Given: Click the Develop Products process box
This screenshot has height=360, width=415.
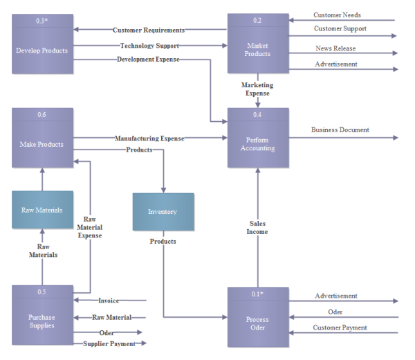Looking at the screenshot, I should (x=42, y=44).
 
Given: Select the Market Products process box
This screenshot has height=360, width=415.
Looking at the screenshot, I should (x=257, y=44).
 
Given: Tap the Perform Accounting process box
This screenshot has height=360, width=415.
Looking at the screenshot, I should (x=257, y=138).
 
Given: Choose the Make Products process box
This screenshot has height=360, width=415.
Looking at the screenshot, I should (x=42, y=138).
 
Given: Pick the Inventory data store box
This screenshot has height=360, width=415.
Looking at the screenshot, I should (x=163, y=212).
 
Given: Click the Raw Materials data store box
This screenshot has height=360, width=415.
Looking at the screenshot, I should (x=42, y=210).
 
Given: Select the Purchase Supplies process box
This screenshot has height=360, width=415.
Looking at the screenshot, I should (x=42, y=316).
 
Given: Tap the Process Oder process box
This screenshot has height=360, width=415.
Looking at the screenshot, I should (x=257, y=318).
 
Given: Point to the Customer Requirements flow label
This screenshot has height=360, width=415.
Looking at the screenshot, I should (x=149, y=30).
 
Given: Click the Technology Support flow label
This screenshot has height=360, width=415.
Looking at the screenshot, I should (x=149, y=46).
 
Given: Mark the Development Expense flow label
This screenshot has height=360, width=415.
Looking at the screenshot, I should (x=148, y=60).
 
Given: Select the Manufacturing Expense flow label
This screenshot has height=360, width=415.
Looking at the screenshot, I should (x=149, y=138).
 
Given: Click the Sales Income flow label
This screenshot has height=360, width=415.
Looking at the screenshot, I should (x=258, y=228).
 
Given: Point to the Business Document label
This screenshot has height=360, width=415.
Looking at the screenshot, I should (x=340, y=129).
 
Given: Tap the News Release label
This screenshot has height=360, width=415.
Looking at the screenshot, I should (x=335, y=48).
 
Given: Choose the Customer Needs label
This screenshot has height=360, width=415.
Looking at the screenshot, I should (x=337, y=15).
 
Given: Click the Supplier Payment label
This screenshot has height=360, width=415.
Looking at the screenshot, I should (x=110, y=343).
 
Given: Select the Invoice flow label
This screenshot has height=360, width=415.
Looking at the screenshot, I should (x=109, y=300).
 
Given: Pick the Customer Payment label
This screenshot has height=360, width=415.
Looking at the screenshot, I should (x=340, y=327).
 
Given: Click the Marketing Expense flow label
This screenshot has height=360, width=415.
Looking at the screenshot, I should (x=257, y=89).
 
